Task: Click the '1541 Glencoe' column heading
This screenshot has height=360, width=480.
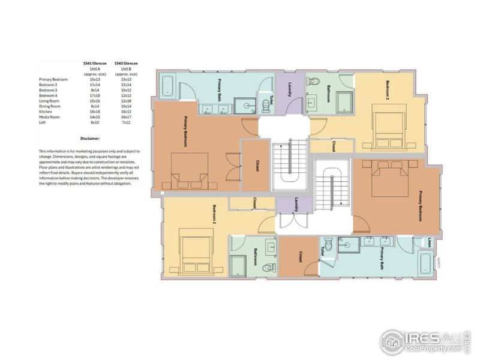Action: click(x=95, y=63)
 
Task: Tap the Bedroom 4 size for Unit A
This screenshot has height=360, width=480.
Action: click(x=95, y=95)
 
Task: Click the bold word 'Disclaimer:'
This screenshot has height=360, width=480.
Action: click(x=90, y=138)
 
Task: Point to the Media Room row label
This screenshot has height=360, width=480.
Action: click(x=49, y=117)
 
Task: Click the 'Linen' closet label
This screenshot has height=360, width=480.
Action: click(x=430, y=242)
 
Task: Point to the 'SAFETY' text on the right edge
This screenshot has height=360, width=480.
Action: click(x=439, y=262)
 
